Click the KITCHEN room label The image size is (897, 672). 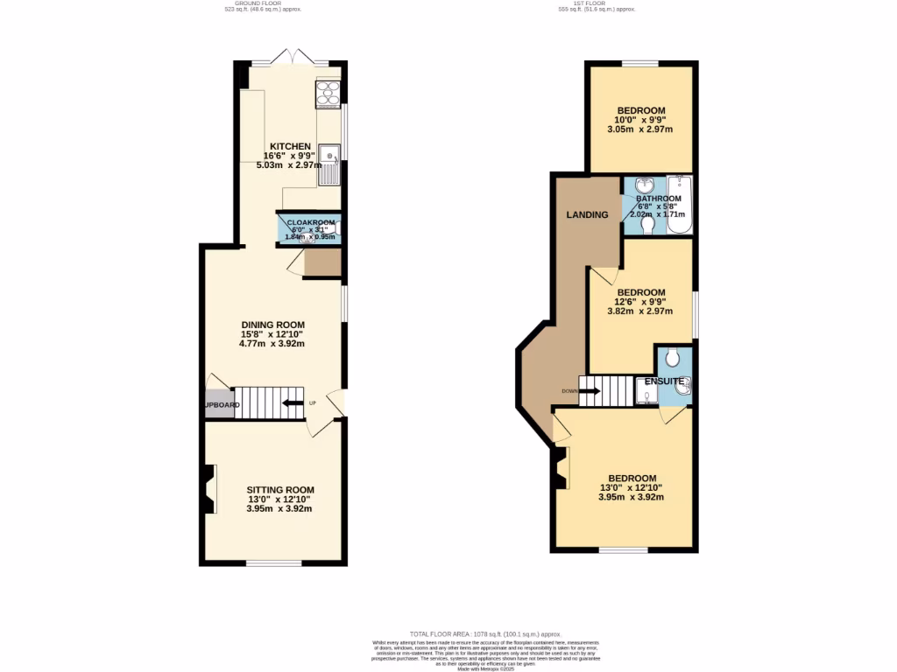[289, 146]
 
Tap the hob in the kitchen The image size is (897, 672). [327, 92]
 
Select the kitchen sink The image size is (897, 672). [330, 165]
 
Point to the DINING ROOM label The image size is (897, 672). [273, 325]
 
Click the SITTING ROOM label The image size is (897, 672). [280, 490]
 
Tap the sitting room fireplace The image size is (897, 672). [208, 490]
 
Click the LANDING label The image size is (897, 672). [587, 214]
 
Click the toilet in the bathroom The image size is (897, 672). [648, 225]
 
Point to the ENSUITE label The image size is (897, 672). [665, 381]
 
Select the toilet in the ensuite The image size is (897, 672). [673, 357]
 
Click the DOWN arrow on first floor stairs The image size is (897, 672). [588, 391]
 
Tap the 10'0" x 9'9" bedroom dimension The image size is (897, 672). [640, 120]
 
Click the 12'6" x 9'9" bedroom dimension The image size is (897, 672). [640, 302]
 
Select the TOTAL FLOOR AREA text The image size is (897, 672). [484, 633]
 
